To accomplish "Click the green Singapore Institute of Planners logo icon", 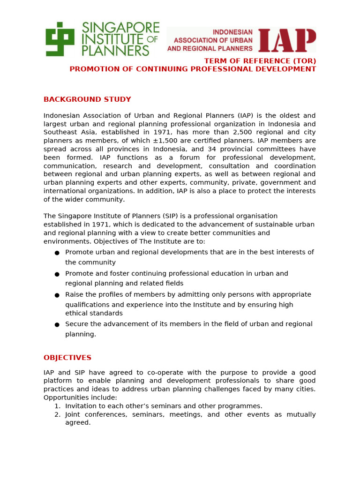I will (x=60, y=39).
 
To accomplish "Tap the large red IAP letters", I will (x=287, y=40).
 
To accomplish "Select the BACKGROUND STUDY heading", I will (x=87, y=99).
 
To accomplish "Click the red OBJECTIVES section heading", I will (x=67, y=358).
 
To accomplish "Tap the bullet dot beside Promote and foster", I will (x=57, y=274).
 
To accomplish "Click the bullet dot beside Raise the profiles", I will (x=57, y=295).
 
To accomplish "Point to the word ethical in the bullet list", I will (x=77, y=313).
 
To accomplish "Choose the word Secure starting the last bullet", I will (x=76, y=324).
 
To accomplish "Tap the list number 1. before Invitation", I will (x=57, y=406).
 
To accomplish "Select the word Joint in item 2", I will (x=74, y=414).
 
